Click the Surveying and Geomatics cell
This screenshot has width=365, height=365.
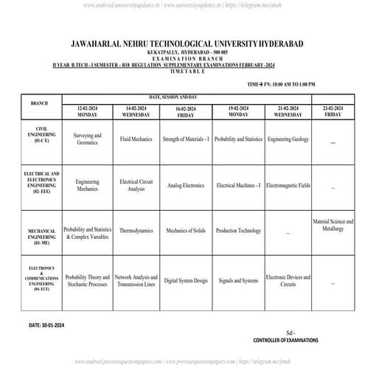pyautogui.click(x=88, y=139)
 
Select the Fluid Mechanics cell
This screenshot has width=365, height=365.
pyautogui.click(x=136, y=139)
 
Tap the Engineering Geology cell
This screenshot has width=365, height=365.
pyautogui.click(x=288, y=139)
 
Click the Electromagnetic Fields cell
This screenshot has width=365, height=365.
pyautogui.click(x=288, y=186)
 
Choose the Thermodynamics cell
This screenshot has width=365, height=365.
pyautogui.click(x=136, y=231)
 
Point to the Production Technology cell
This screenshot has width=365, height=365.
pyautogui.click(x=237, y=231)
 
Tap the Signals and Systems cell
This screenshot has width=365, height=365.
pyautogui.click(x=237, y=281)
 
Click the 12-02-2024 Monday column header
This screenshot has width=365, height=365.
pyautogui.click(x=88, y=111)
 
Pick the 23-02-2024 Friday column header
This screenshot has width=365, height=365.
pyautogui.click(x=333, y=111)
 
